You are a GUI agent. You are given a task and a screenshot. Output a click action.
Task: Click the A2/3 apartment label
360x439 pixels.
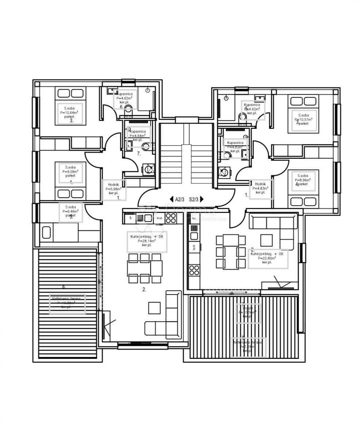point(179,199)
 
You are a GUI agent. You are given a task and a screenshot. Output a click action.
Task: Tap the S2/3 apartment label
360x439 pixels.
point(193,199)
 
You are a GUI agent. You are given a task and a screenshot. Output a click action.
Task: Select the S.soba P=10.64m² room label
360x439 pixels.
point(69,113)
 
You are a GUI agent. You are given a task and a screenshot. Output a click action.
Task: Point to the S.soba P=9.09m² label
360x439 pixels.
point(71,172)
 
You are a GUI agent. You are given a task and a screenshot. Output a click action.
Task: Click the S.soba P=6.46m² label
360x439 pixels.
point(71,211)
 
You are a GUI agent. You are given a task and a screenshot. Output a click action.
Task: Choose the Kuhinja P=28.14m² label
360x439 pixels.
point(147,241)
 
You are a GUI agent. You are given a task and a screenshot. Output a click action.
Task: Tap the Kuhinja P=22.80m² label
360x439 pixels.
point(268,258)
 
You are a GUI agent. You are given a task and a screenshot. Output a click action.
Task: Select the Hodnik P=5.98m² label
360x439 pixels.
point(114,189)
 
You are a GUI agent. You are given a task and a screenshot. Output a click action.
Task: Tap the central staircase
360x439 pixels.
point(186,154)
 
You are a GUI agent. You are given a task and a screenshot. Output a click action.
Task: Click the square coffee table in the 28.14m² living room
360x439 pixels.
point(154,308)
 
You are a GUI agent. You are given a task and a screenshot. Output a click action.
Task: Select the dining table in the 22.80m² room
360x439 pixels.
point(231,252)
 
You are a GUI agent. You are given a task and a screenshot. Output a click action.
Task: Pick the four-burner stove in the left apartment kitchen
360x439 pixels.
point(171,218)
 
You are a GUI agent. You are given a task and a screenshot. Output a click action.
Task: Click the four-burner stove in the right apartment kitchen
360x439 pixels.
point(194,271)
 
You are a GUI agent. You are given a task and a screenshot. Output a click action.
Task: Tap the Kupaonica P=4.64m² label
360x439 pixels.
point(137,135)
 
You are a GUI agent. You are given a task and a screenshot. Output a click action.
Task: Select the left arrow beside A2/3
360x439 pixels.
point(171,199)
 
